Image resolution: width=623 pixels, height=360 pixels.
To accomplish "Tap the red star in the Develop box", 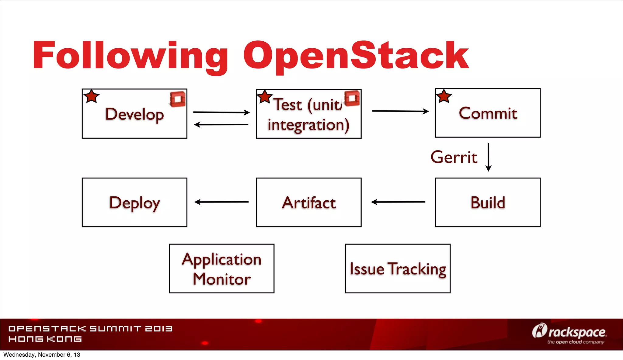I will tap(92, 97).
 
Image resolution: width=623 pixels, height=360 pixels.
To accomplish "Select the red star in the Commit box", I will tap(444, 97).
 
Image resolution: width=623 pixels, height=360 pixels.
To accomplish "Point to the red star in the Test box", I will tap(265, 97).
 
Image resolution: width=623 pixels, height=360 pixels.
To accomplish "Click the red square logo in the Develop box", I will tap(178, 99).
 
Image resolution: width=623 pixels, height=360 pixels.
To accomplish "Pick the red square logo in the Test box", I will tap(352, 98).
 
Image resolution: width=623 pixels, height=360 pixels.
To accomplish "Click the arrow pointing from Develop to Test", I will tap(221, 112).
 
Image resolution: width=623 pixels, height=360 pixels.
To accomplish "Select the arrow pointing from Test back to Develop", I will tap(221, 124).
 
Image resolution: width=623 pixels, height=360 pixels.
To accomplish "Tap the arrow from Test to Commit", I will tap(400, 111).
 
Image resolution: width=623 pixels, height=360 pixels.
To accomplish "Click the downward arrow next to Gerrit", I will tap(489, 157).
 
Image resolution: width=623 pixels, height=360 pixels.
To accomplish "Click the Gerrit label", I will tap(454, 157).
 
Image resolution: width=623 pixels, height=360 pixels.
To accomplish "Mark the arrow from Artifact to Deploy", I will tap(221, 202).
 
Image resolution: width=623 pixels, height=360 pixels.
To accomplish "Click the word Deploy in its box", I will tap(134, 203).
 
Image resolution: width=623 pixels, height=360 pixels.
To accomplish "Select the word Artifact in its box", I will tap(309, 203).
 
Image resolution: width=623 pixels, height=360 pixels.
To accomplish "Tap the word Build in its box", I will tap(488, 203).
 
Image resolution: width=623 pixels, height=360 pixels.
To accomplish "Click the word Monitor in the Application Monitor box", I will tap(221, 279).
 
